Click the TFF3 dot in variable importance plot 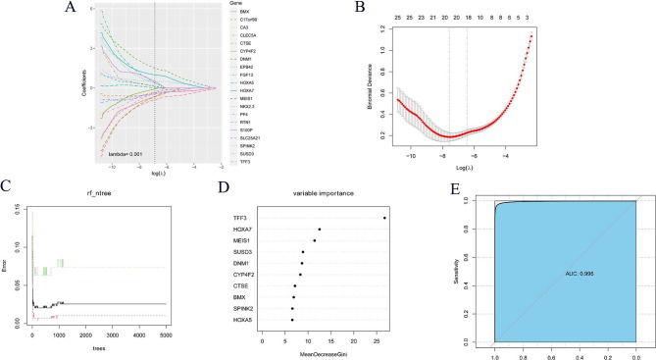384,218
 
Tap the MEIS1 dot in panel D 315,240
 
